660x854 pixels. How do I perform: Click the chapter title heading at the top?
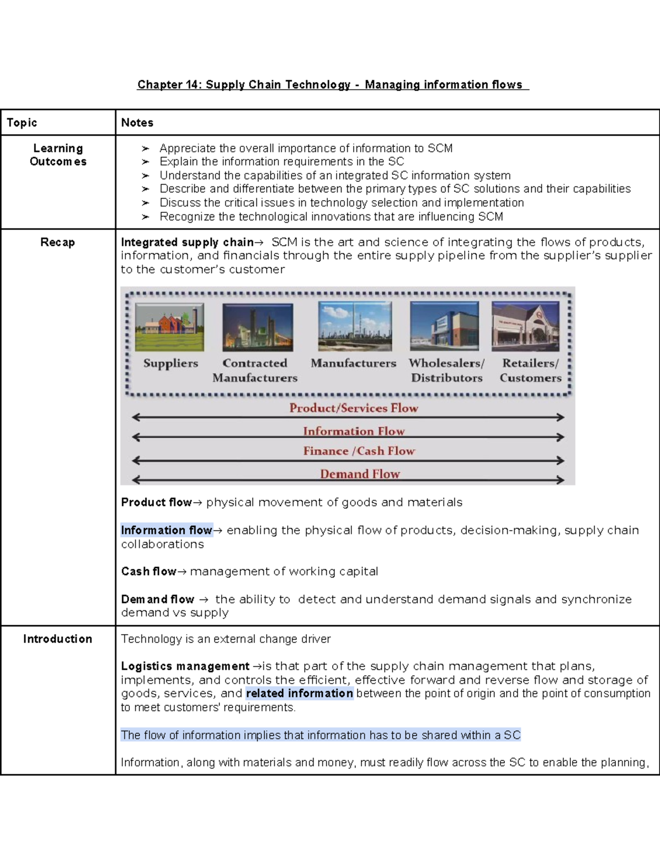pos(332,85)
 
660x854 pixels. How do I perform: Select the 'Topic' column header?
pos(22,123)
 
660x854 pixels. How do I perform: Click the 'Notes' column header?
pos(137,123)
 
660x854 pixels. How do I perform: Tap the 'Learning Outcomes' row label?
pos(58,155)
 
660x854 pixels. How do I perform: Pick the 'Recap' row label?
pos(57,243)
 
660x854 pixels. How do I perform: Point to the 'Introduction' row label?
pos(57,639)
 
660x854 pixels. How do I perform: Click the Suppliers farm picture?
pos(169,327)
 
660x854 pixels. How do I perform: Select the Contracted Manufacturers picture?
pos(257,327)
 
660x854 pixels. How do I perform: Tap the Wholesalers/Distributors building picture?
pos(444,327)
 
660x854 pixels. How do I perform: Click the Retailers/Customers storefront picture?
pos(525,327)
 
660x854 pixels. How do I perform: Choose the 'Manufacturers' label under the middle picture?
pos(353,363)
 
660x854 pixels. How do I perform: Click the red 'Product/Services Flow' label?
pos(354,408)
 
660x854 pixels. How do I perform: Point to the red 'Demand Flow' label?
pos(360,474)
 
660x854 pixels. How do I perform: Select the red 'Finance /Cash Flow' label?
pos(359,451)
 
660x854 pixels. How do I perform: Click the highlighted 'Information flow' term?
pos(167,531)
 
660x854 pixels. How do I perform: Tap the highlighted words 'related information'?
pos(299,693)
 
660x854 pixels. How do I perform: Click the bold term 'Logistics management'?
pos(185,666)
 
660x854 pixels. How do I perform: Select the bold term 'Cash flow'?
pos(148,572)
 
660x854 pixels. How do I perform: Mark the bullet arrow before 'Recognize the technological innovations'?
pos(145,217)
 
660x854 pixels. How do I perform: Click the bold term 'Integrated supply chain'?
pos(187,243)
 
